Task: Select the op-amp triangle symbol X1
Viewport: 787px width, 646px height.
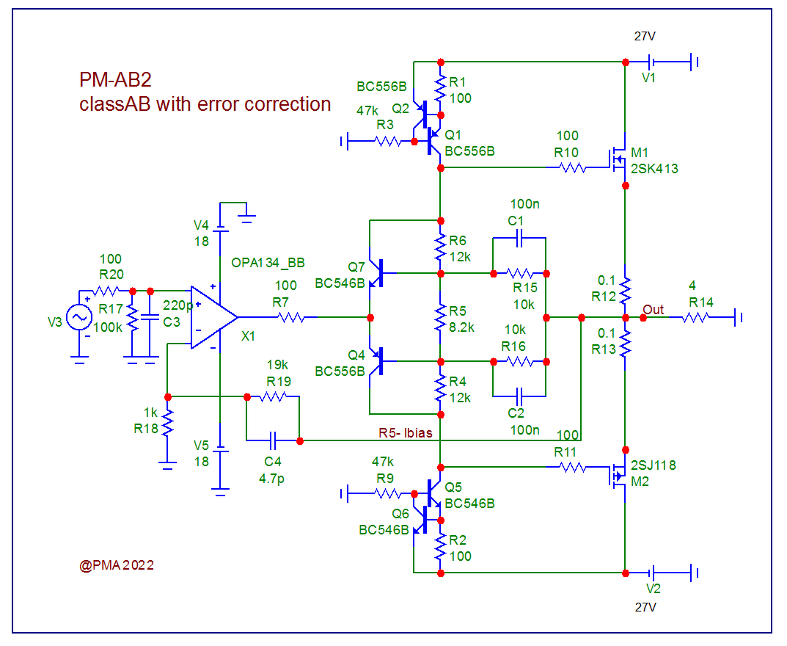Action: click(213, 317)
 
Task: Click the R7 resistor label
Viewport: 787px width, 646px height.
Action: click(285, 302)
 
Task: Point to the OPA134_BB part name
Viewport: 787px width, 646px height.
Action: click(268, 262)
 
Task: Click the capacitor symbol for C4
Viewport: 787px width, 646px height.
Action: click(273, 441)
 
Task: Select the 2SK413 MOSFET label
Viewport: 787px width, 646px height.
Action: click(654, 169)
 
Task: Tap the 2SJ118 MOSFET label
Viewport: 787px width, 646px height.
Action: click(654, 465)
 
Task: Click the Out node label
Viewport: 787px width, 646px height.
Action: click(654, 310)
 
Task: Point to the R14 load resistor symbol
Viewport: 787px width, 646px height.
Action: click(695, 317)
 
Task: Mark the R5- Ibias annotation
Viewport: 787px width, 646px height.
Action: click(406, 433)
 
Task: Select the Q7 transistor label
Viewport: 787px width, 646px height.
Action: click(356, 266)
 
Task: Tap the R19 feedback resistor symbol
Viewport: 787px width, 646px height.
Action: click(273, 396)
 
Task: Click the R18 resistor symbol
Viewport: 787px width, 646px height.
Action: click(168, 423)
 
